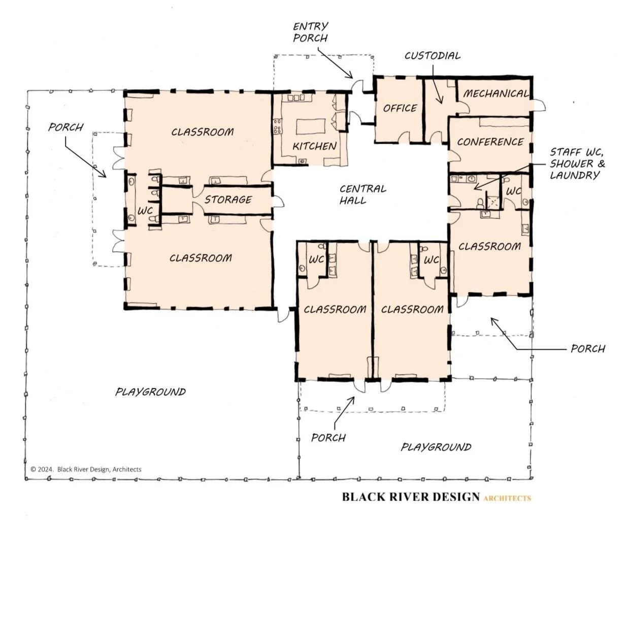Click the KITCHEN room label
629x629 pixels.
point(314,146)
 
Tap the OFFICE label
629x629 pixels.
point(400,108)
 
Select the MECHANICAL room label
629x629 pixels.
point(496,94)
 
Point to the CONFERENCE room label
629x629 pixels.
point(490,142)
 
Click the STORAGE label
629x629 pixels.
point(228,200)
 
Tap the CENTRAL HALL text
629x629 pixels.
point(362,194)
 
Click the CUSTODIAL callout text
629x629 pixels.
point(433,56)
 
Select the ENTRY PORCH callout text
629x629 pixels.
point(310,32)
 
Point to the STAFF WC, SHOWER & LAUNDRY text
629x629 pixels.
point(577,163)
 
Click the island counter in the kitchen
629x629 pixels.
point(311,126)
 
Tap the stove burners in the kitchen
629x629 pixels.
point(278,126)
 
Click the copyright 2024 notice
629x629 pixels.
point(86,470)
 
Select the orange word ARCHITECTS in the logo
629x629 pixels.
point(507,498)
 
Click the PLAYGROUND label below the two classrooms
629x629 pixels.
point(436,447)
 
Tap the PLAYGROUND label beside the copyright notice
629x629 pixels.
point(150,392)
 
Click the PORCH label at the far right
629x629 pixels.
point(588,349)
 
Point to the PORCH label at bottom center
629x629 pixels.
point(328,438)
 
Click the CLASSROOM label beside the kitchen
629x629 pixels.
point(203,132)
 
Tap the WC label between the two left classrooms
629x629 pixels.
point(145,211)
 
